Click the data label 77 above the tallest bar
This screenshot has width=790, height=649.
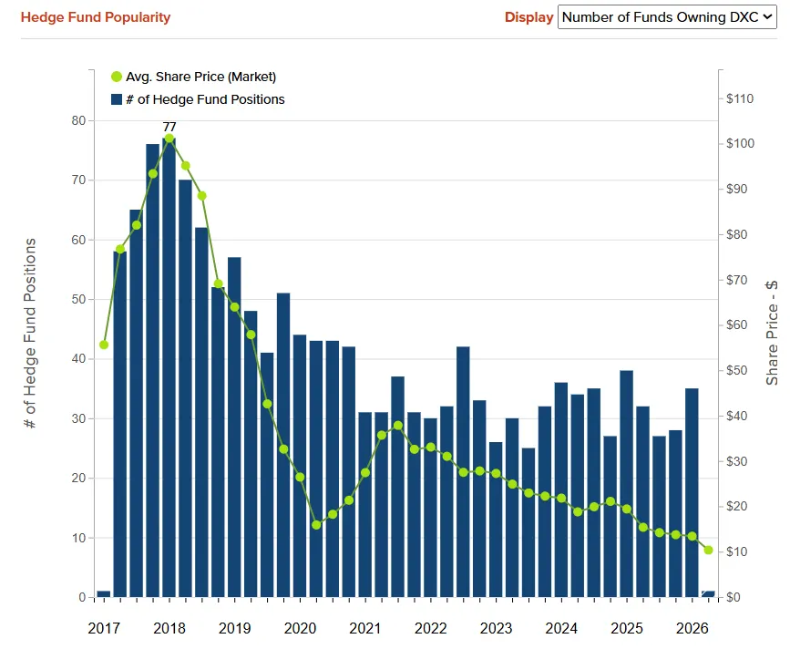169,127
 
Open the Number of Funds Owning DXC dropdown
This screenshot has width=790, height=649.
667,17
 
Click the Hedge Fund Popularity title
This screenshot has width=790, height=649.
96,17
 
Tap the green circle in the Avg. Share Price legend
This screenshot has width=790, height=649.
117,77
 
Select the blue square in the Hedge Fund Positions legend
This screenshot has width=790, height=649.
117,99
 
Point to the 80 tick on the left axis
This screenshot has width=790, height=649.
79,120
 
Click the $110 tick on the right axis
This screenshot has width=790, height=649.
740,98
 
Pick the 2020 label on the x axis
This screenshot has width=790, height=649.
300,628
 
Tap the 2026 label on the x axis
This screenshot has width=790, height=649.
693,628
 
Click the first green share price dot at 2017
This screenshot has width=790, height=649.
104,345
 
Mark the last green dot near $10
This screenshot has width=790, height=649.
708,550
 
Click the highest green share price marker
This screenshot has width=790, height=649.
169,138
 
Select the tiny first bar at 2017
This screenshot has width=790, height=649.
104,593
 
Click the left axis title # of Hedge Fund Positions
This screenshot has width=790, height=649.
30,333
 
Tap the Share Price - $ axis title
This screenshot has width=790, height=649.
772,333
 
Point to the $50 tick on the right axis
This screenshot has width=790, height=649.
740,370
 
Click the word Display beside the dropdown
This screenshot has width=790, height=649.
529,17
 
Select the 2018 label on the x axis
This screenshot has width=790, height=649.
169,628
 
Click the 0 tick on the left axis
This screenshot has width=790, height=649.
83,597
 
